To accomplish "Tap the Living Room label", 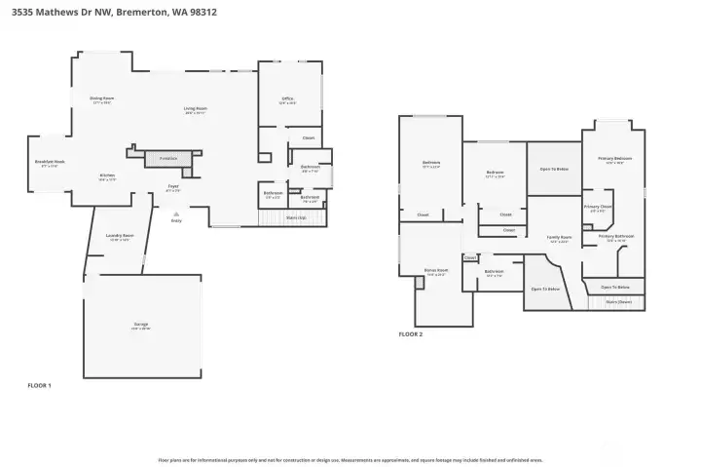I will (196, 108).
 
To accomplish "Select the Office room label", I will (288, 98).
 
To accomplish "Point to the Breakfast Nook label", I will (50, 162).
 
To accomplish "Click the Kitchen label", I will (107, 176).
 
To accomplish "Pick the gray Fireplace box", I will (168, 156).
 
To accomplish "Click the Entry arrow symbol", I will (176, 213).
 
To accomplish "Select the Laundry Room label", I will (119, 237).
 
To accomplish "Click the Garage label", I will (141, 324).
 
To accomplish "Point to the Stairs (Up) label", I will (297, 217).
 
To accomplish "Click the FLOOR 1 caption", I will (39, 386).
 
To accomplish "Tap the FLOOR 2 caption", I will (411, 334).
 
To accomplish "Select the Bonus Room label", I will (435, 270).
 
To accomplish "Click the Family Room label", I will (559, 237).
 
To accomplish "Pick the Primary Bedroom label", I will (614, 158).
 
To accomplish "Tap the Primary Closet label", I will (598, 207).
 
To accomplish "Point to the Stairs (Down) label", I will (618, 302).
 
